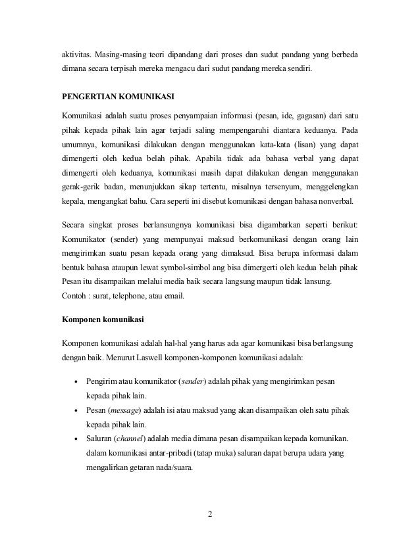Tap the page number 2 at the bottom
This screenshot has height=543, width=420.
pyautogui.click(x=210, y=513)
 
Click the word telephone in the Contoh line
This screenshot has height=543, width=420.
pyautogui.click(x=128, y=295)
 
